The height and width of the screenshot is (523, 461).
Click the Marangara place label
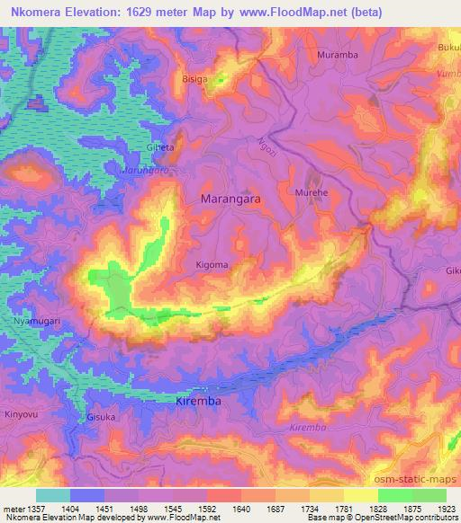(230, 200)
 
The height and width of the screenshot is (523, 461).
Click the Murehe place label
(311, 192)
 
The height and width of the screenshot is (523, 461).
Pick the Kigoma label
(212, 265)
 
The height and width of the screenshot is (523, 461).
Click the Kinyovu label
(21, 414)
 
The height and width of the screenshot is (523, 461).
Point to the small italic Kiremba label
(309, 429)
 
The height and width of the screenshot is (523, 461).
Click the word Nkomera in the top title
(38, 13)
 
